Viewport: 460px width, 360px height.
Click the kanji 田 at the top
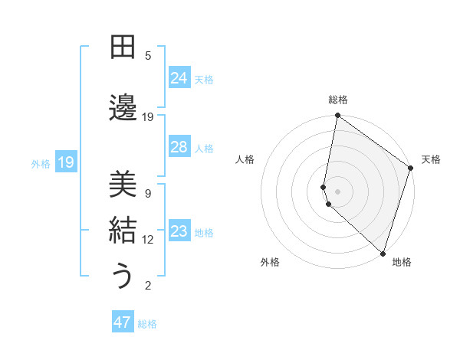click(x=123, y=49)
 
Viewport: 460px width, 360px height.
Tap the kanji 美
click(x=123, y=184)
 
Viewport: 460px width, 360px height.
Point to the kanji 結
click(x=123, y=230)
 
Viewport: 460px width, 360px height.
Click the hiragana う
click(x=123, y=276)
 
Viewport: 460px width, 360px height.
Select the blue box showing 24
click(x=179, y=78)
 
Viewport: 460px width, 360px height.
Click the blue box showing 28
click(x=179, y=147)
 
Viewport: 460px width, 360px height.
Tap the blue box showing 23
click(x=179, y=231)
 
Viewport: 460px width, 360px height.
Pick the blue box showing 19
click(x=66, y=162)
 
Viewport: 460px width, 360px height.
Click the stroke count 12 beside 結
click(x=148, y=240)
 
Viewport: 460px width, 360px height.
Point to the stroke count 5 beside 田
click(x=148, y=56)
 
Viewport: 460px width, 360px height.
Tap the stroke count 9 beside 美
click(x=148, y=194)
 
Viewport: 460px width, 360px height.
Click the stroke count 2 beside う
click(x=148, y=286)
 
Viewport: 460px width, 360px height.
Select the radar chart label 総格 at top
click(x=338, y=100)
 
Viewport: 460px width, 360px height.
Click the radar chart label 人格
click(x=245, y=159)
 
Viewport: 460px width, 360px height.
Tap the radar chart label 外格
click(x=270, y=262)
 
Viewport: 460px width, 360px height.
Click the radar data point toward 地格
click(x=383, y=253)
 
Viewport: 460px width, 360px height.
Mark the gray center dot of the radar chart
click(x=338, y=190)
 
